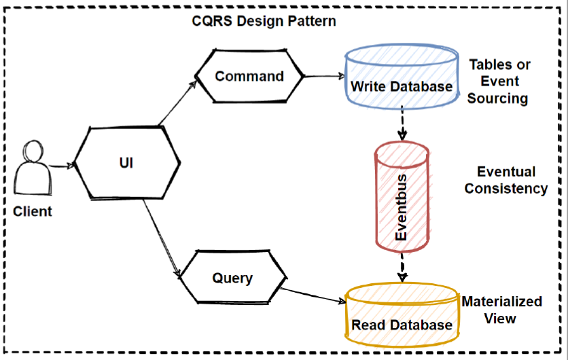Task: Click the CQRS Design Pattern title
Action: tap(264, 21)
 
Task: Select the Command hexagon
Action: tap(249, 76)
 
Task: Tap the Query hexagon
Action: tap(232, 278)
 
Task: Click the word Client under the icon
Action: tap(33, 211)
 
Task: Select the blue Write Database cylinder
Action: tap(401, 77)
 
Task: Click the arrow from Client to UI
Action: tap(60, 165)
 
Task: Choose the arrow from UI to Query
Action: tap(163, 242)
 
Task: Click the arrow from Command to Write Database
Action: tap(323, 76)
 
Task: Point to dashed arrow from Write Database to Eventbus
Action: tap(402, 125)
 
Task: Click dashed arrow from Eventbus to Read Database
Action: tap(402, 267)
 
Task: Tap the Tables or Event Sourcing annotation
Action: tap(499, 82)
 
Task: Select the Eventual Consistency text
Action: tap(505, 180)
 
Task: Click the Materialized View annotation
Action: tap(501, 309)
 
